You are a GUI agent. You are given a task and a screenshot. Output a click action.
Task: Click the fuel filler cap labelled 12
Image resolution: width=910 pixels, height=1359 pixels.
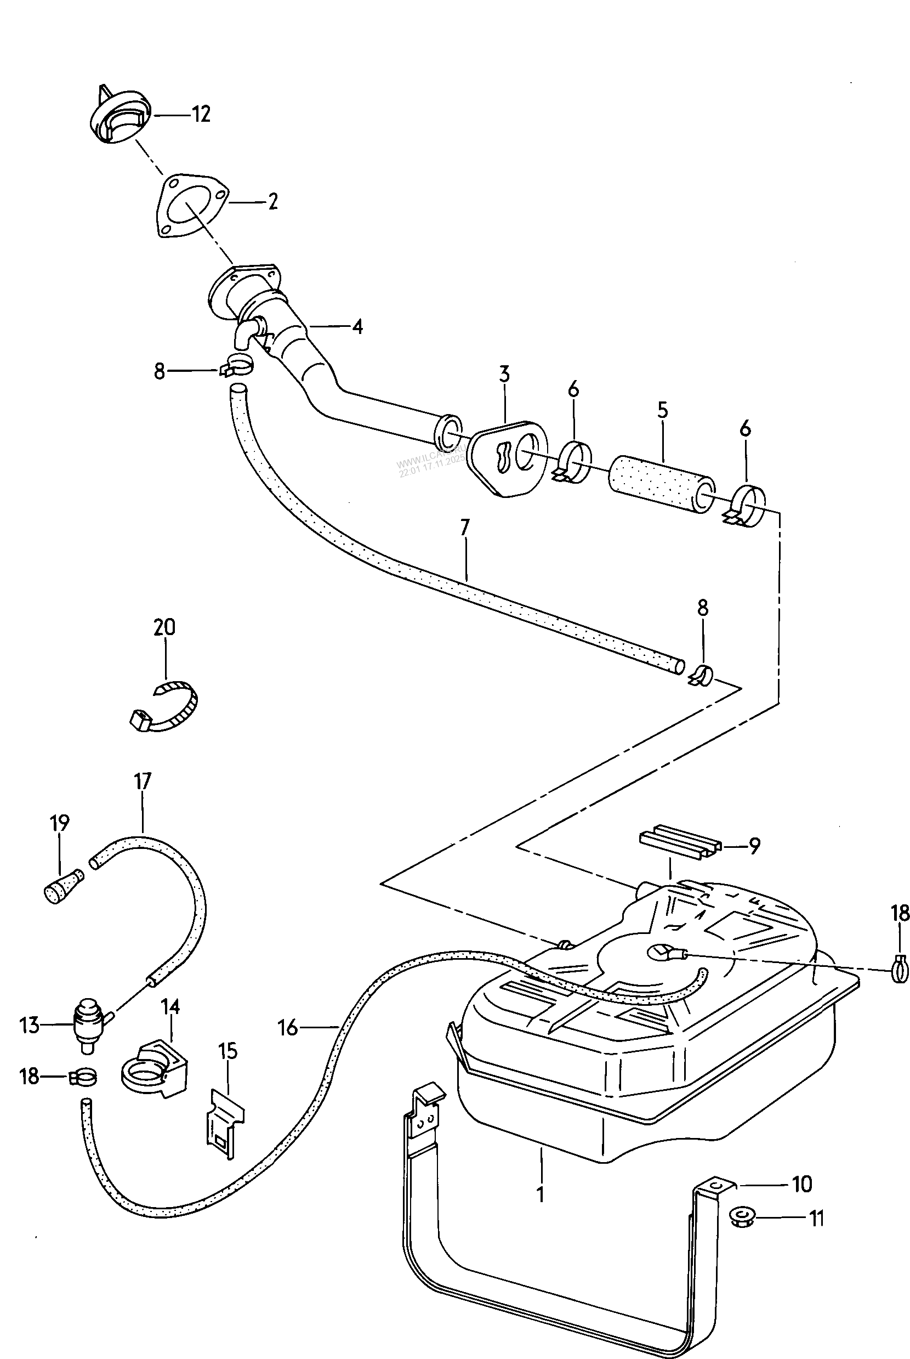point(121,116)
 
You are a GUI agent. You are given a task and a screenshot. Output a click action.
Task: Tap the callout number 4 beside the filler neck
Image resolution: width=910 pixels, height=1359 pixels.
point(357,327)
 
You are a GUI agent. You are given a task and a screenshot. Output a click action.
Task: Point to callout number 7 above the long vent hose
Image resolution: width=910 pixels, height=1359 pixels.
point(464,528)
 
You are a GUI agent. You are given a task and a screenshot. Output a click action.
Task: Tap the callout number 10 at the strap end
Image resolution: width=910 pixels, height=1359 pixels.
point(802,1184)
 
